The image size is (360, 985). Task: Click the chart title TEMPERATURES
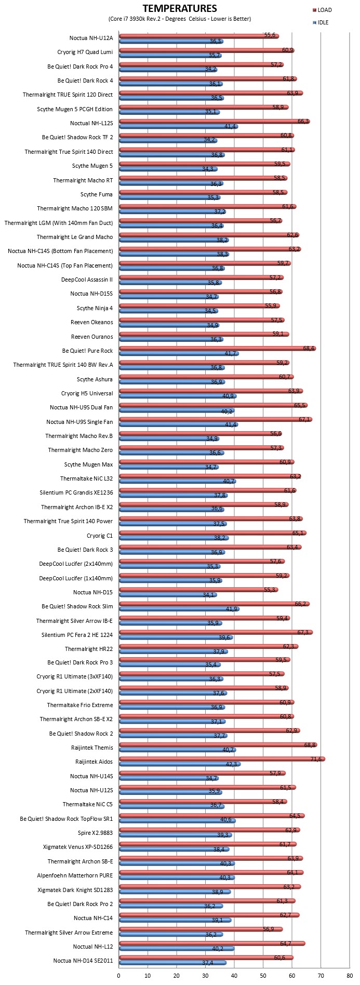click(x=180, y=8)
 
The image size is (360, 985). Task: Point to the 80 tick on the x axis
click(x=350, y=975)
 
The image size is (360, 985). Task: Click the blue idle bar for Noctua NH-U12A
click(x=171, y=41)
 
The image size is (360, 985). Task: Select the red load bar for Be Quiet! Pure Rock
click(x=218, y=348)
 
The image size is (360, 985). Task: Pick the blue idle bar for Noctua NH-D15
click(x=168, y=595)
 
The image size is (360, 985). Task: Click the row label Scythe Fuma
click(x=97, y=194)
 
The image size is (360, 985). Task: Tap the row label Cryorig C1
click(x=100, y=535)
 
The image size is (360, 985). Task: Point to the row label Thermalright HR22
click(x=89, y=648)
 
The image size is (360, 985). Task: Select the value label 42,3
click(x=231, y=764)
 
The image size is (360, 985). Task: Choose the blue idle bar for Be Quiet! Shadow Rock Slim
click(x=180, y=609)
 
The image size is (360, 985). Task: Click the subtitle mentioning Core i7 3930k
click(x=180, y=19)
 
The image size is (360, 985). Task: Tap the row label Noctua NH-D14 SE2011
click(x=83, y=961)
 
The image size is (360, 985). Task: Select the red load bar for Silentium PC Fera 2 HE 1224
click(x=216, y=632)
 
